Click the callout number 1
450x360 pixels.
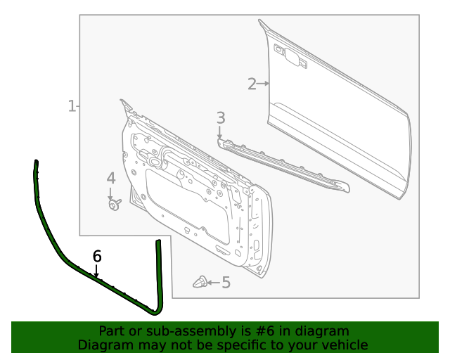71,106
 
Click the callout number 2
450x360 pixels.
252,84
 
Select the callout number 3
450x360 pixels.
220,118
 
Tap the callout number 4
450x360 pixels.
111,179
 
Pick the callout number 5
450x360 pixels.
226,283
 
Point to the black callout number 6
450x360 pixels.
97,256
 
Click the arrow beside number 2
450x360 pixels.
264,84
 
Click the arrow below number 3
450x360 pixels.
220,133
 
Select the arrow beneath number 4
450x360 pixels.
111,193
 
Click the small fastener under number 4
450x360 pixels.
113,205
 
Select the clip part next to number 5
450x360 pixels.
200,283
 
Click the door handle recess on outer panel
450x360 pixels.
289,57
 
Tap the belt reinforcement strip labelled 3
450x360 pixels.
281,165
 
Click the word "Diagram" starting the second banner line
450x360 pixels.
103,345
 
